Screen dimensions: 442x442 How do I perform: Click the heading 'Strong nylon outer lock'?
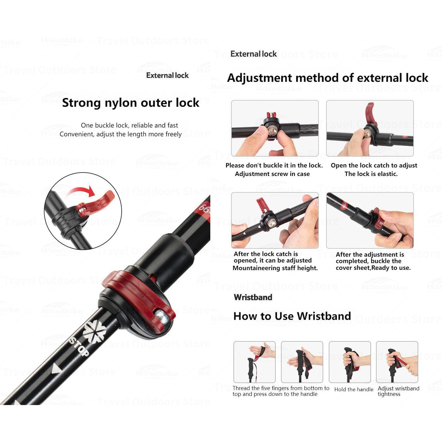pos(131,103)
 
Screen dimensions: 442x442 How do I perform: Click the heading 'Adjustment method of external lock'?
pos(328,78)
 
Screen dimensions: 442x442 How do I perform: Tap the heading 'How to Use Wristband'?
pos(292,316)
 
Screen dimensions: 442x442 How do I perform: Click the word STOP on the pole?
pos(79,346)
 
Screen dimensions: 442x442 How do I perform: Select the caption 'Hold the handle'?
pos(354,389)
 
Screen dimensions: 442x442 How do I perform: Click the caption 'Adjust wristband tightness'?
pos(398,391)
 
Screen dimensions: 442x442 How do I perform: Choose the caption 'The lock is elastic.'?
pos(371,174)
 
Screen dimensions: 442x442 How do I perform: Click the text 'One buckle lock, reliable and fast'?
pos(129,126)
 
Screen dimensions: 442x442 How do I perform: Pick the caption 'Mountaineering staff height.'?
pos(275,268)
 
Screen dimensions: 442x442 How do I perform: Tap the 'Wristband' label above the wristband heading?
pos(253,297)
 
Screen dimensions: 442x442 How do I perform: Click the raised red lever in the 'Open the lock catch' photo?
pos(370,113)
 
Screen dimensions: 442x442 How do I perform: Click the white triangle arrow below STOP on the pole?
pos(57,369)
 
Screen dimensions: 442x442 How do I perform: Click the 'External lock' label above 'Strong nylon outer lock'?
pos(167,76)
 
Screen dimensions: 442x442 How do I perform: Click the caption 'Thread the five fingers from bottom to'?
pos(281,388)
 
